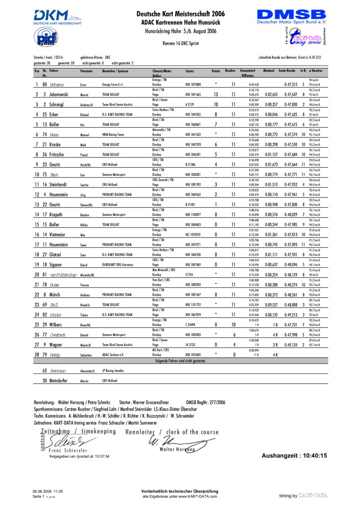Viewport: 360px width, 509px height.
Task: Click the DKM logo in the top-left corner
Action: (x=57, y=17)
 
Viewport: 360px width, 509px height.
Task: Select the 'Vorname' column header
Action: (x=86, y=71)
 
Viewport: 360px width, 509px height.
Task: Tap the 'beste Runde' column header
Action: (x=287, y=71)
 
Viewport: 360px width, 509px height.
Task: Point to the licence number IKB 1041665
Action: (x=193, y=94)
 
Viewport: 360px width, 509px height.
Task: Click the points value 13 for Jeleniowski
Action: (x=216, y=94)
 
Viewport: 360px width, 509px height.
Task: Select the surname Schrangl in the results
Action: (x=53, y=104)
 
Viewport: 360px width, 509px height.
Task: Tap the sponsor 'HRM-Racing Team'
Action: (x=113, y=134)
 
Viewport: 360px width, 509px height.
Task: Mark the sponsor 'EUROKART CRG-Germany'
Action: (x=119, y=265)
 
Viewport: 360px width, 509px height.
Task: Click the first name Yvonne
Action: (x=85, y=285)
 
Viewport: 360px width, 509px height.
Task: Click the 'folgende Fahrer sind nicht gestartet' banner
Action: (x=180, y=361)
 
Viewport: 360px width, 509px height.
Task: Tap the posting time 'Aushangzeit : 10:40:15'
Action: (x=294, y=455)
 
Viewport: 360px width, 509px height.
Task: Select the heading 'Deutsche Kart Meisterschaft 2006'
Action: (x=180, y=14)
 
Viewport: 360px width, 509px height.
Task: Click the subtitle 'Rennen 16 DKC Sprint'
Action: (x=180, y=43)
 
